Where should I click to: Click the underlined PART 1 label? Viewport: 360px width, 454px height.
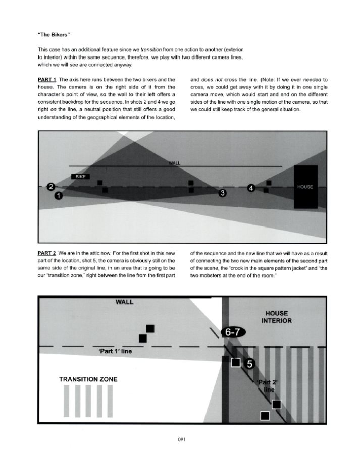(x=47, y=80)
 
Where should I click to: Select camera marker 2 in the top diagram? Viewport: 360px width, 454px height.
(x=50, y=188)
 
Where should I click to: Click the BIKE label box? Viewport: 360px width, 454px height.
(x=81, y=177)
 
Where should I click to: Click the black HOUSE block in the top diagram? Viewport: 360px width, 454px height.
(x=305, y=187)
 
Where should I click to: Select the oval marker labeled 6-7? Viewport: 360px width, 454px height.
(x=232, y=331)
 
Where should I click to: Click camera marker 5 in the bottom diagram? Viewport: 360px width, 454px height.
(x=249, y=363)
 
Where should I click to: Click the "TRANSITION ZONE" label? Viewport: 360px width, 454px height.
(x=89, y=378)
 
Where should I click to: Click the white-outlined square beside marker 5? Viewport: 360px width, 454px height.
(x=235, y=362)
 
